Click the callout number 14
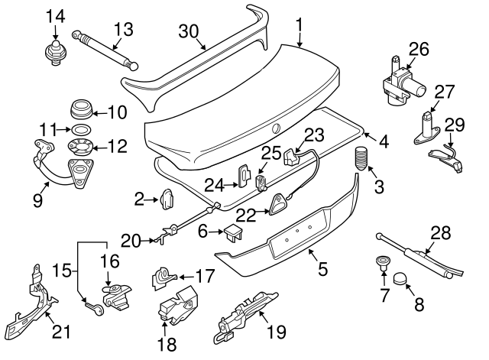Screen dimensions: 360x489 (x=55, y=15)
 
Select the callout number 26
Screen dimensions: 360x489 (x=418, y=50)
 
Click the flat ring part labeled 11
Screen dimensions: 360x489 (x=78, y=128)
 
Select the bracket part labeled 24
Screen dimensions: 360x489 (x=243, y=176)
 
